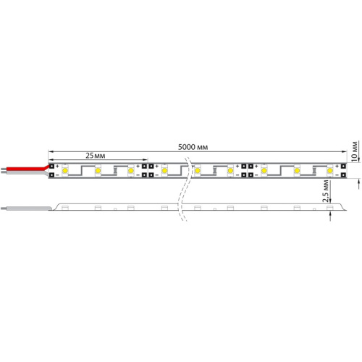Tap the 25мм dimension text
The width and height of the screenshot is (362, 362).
tap(98, 156)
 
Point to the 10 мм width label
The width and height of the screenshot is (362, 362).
tap(353, 148)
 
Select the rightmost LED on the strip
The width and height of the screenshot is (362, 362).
tap(330, 171)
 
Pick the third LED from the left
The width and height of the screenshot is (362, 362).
tap(131, 171)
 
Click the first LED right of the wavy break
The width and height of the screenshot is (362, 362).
tap(198, 171)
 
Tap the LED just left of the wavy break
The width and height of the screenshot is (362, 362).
tap(165, 171)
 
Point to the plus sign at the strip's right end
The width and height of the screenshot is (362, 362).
tap(337, 167)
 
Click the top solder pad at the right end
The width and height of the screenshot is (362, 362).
tap(343, 167)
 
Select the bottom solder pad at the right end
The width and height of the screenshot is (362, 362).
tap(343, 175)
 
